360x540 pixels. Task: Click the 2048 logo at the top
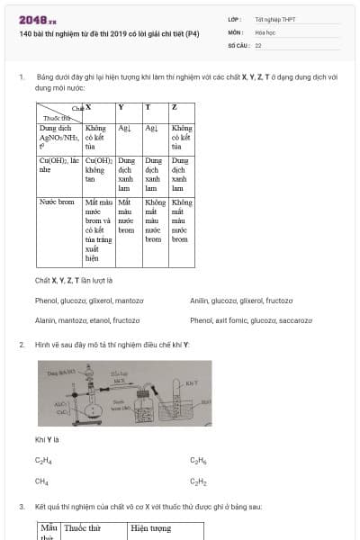[x=37, y=20]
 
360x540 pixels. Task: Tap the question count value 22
[x=258, y=44]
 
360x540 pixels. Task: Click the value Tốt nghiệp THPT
[x=274, y=19]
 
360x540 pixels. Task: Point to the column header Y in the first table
[x=121, y=107]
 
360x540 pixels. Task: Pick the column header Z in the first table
[x=174, y=107]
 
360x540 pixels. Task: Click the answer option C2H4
[x=42, y=461]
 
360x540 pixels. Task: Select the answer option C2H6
[x=198, y=461]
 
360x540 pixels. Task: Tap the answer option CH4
[x=40, y=481]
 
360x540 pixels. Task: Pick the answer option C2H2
[x=198, y=481]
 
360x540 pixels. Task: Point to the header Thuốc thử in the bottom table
[x=83, y=528]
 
